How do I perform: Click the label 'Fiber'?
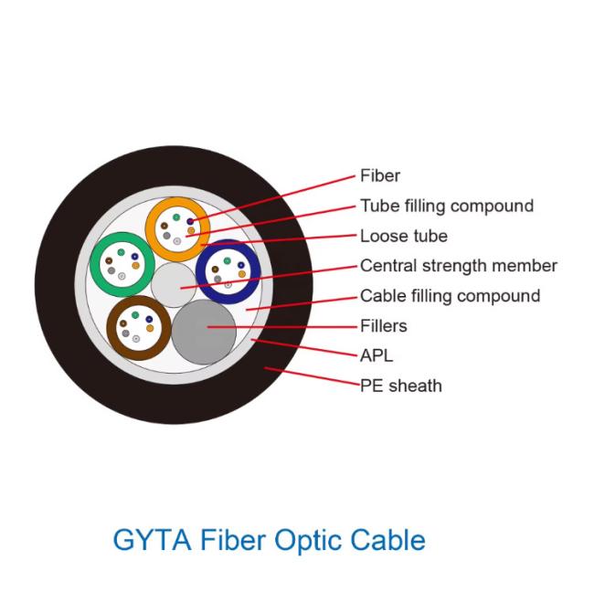tap(379, 175)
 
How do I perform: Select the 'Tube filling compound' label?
tap(447, 206)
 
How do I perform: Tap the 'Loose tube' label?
tap(404, 236)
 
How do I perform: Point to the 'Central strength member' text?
tap(459, 266)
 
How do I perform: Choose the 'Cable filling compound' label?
tap(450, 296)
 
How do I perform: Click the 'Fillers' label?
tap(384, 326)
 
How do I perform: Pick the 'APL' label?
tap(377, 355)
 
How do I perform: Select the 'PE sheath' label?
tap(401, 386)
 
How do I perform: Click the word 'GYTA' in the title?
tap(153, 540)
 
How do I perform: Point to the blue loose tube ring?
tap(201, 271)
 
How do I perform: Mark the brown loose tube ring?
tap(111, 328)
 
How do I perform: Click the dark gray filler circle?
tap(204, 333)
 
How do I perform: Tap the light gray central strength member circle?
tap(174, 285)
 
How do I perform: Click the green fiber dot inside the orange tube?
tap(176, 217)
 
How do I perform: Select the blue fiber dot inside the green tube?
tap(135, 257)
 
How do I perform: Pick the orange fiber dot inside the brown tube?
tap(150, 328)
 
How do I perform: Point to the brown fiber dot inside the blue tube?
tap(215, 270)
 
